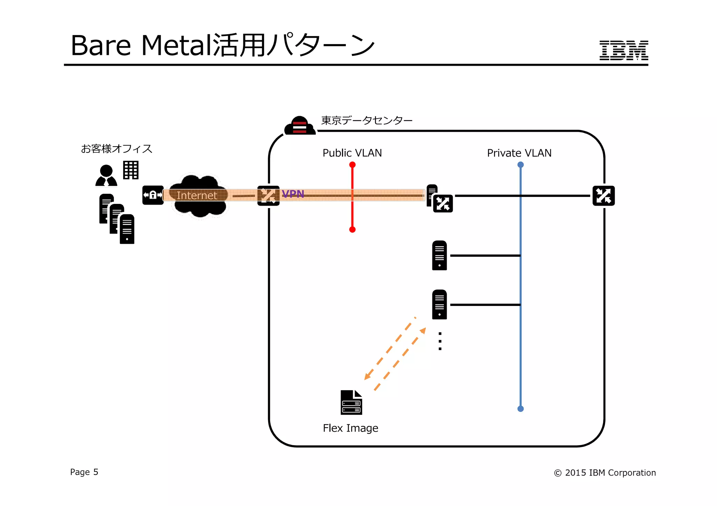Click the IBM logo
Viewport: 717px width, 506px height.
click(624, 50)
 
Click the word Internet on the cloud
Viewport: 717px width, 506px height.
click(197, 195)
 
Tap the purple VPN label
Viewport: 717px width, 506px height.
click(293, 194)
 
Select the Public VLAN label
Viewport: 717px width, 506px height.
click(352, 153)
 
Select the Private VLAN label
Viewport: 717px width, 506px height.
click(519, 153)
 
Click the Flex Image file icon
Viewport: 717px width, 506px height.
click(351, 402)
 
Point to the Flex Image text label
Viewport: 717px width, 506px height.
click(350, 428)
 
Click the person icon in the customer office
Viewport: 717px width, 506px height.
click(106, 176)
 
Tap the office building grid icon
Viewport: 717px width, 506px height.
click(131, 170)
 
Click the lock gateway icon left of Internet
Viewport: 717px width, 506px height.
click(153, 195)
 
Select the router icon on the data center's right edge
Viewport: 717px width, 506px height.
click(603, 196)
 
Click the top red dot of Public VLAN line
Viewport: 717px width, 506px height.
click(352, 165)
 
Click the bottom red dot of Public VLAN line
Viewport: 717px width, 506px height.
click(352, 229)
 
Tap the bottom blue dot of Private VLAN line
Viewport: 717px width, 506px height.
click(520, 408)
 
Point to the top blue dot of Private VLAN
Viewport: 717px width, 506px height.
click(520, 165)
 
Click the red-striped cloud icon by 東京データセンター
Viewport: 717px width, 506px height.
click(300, 126)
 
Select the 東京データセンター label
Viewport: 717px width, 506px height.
click(367, 120)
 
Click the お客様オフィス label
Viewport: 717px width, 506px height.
click(117, 149)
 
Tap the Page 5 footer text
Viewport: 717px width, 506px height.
click(84, 472)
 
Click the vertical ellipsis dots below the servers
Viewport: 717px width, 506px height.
click(440, 341)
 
